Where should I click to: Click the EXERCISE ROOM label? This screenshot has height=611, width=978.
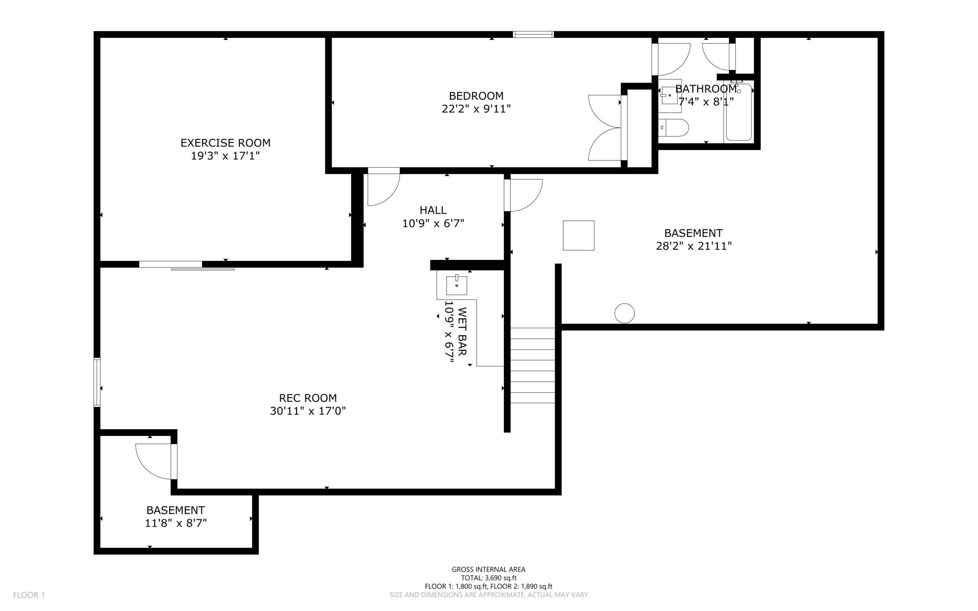(x=225, y=143)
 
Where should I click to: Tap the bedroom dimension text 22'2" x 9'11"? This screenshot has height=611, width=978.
(x=476, y=109)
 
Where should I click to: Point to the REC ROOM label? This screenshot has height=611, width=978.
(x=308, y=398)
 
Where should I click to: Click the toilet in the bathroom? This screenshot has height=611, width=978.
(x=674, y=128)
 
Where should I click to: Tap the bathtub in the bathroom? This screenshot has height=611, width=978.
(x=738, y=112)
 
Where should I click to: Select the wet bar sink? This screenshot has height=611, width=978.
(x=457, y=285)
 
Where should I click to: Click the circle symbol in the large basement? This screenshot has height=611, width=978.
(x=625, y=313)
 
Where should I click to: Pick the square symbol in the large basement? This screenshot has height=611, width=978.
(x=578, y=236)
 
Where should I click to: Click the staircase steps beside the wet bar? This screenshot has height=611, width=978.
(x=533, y=365)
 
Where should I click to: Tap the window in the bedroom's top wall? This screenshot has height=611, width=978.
(x=533, y=34)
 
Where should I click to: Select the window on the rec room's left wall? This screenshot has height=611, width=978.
(x=97, y=382)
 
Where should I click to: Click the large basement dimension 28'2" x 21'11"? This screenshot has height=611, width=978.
(x=694, y=246)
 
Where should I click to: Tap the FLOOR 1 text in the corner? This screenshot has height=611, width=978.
(x=29, y=595)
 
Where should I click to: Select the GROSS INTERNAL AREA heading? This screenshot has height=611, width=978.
(x=488, y=569)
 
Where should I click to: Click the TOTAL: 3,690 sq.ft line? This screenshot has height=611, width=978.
(x=489, y=578)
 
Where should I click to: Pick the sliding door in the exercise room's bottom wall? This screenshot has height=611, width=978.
(x=187, y=266)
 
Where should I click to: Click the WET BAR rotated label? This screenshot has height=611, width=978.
(x=462, y=331)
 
